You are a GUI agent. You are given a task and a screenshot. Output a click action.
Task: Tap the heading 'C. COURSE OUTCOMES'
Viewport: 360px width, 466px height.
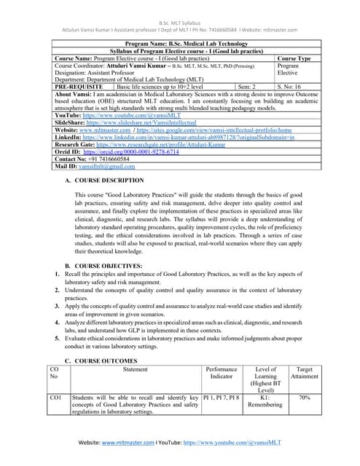[101, 361]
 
